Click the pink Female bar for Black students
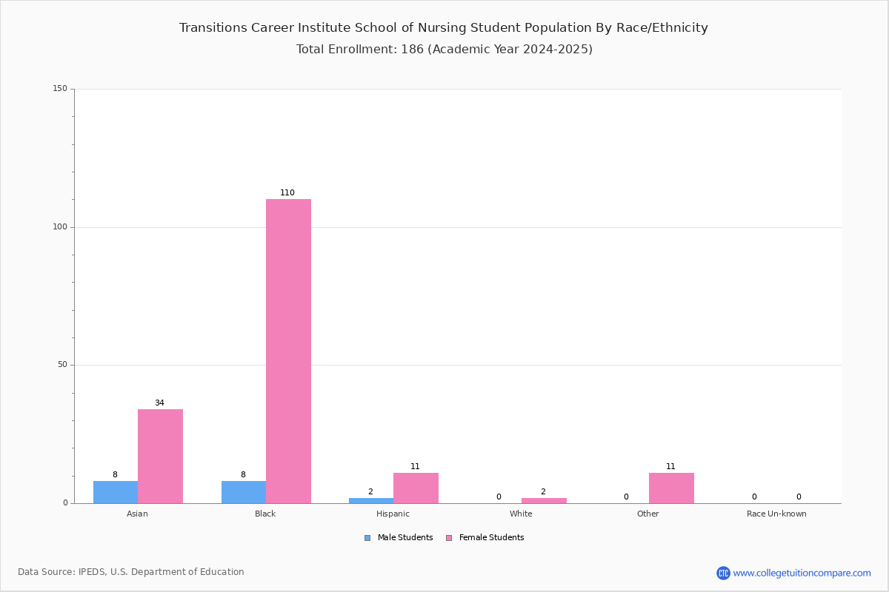288,351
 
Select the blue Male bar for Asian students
116,492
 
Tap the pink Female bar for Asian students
160,457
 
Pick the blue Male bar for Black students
244,492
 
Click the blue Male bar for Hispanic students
371,501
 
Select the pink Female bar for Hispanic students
416,488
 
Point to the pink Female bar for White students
544,501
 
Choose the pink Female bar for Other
671,488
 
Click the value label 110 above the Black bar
287,192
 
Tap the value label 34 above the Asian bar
159,403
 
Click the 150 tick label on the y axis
60,88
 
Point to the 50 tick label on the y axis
63,365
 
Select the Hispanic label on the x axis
393,514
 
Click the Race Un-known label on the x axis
776,514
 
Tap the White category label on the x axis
521,514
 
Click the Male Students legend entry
399,538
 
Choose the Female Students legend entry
485,538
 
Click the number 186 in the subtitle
413,49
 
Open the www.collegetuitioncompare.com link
802,573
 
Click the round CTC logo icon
724,573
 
